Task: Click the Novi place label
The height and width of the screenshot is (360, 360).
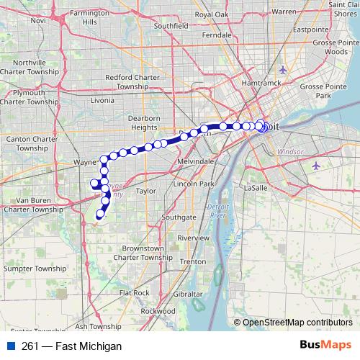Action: (x=38, y=20)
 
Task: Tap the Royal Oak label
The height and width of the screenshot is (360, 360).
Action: (x=211, y=14)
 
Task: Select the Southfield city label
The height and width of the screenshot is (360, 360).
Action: (x=171, y=26)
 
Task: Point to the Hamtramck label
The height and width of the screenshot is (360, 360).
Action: (x=260, y=83)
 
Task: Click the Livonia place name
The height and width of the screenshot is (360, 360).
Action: (x=102, y=101)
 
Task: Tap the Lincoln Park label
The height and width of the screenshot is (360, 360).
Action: (x=194, y=184)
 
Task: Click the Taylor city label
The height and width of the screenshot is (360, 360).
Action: (x=146, y=192)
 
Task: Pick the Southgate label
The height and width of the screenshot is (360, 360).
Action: (x=179, y=217)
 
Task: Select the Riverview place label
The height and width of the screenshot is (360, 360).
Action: (x=193, y=238)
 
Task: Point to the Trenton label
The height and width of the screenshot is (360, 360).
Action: (x=193, y=261)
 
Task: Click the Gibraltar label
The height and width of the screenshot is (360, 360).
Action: (x=187, y=294)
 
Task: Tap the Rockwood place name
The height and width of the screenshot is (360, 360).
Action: (x=158, y=310)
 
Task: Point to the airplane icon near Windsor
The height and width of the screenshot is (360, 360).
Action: (x=318, y=166)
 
